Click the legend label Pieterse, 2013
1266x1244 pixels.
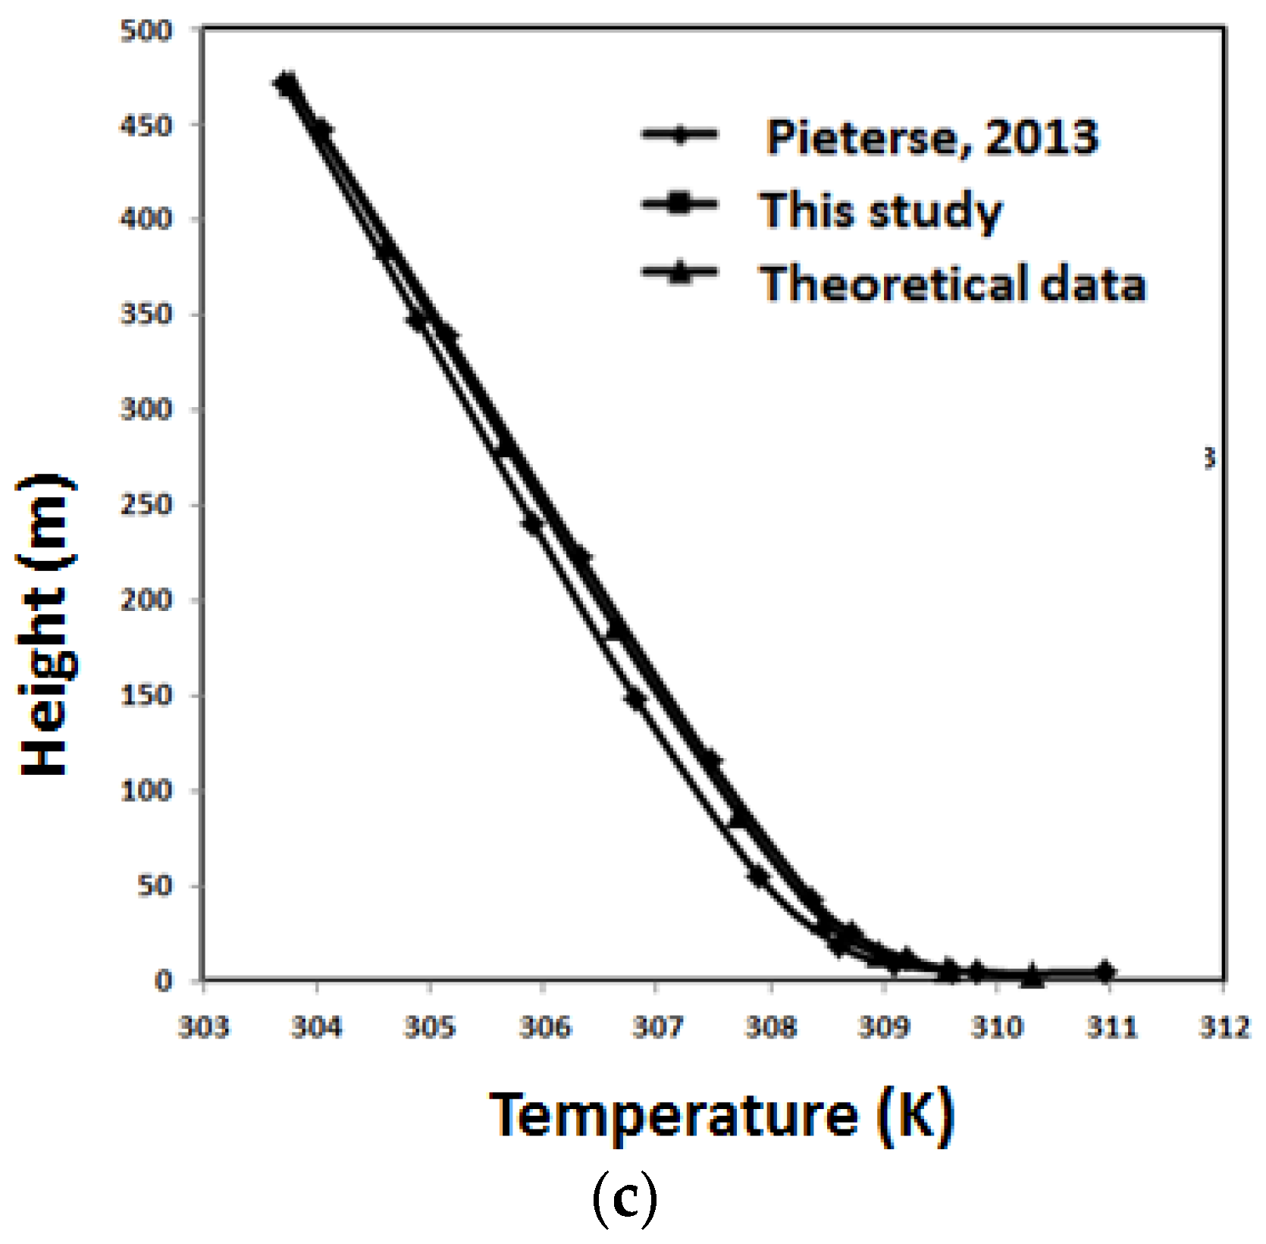point(932,137)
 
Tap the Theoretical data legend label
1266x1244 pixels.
point(953,284)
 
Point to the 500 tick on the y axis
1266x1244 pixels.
point(146,31)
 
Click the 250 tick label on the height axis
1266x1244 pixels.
point(146,505)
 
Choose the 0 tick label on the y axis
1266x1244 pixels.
point(164,981)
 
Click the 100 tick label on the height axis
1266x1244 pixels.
point(146,791)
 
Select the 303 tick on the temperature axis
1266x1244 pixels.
point(203,1027)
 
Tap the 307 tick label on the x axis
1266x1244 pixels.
point(657,1027)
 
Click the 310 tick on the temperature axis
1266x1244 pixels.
point(997,1027)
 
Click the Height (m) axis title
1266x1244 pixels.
point(47,625)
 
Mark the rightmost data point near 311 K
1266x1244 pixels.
point(1105,971)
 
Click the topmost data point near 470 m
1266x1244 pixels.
point(286,83)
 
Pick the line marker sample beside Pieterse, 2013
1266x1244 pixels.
point(679,135)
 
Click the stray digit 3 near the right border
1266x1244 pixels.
point(1209,458)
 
